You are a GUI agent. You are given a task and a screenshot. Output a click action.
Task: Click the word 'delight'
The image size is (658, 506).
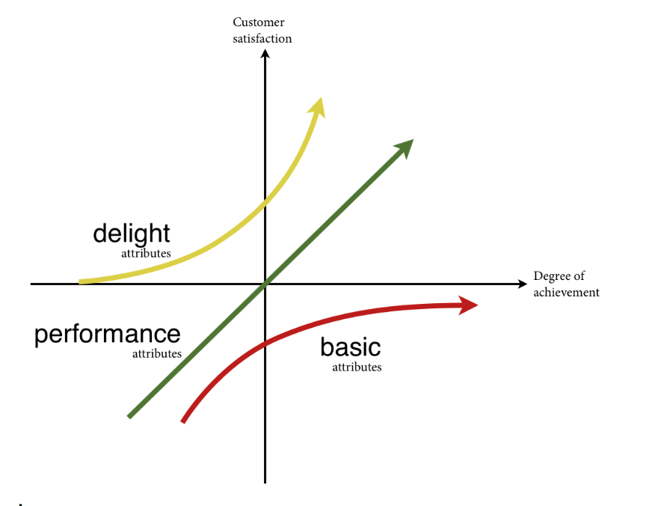pyautogui.click(x=132, y=234)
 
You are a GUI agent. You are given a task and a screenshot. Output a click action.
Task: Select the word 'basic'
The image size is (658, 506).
pyautogui.click(x=350, y=347)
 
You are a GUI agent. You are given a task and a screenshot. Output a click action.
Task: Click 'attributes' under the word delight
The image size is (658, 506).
pyautogui.click(x=146, y=254)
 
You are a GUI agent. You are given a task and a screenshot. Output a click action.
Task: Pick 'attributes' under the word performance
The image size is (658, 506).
pyautogui.click(x=157, y=354)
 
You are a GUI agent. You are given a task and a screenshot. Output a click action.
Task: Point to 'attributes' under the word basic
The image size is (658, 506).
pyautogui.click(x=357, y=368)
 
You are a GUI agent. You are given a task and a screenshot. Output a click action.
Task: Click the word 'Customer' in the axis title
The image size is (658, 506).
pyautogui.click(x=259, y=22)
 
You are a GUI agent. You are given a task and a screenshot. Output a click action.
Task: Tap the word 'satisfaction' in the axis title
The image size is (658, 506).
pyautogui.click(x=262, y=38)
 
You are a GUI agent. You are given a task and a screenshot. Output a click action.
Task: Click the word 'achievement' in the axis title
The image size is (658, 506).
pyautogui.click(x=566, y=293)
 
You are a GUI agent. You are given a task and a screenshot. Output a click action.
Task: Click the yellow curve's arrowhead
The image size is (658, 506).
pyautogui.click(x=319, y=106)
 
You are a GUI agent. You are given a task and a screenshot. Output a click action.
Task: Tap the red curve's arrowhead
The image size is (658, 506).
pyautogui.click(x=469, y=305)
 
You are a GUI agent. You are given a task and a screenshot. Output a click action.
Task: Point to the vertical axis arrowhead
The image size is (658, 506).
pyautogui.click(x=265, y=54)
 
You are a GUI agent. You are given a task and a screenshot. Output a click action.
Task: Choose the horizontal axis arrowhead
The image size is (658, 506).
pyautogui.click(x=521, y=284)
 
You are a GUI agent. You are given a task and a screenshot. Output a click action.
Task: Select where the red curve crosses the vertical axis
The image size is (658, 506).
pyautogui.click(x=265, y=344)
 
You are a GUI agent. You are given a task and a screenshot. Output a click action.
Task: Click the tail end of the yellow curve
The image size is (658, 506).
pyautogui.click(x=81, y=282)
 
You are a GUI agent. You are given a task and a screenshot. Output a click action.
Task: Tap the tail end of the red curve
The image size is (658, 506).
pyautogui.click(x=183, y=421)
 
